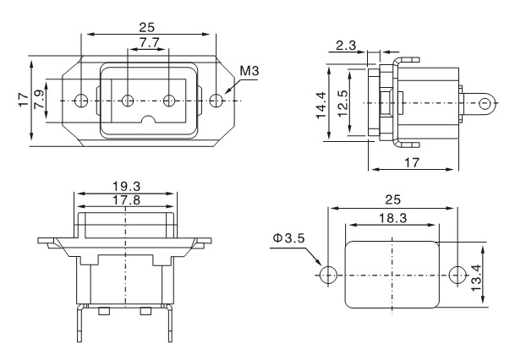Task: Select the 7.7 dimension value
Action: tap(149, 42)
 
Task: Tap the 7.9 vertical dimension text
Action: tap(39, 100)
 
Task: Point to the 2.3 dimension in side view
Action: tap(345, 46)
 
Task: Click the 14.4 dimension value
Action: tap(322, 105)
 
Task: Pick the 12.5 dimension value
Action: tap(341, 105)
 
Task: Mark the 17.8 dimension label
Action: tap(126, 200)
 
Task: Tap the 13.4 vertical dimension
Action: tap(478, 275)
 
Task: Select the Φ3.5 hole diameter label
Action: tap(286, 239)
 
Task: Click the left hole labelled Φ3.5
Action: tap(329, 275)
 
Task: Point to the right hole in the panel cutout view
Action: tap(457, 275)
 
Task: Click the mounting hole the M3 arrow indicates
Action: tap(217, 101)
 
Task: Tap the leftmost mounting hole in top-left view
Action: tap(80, 101)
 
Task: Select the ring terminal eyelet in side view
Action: tap(485, 104)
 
